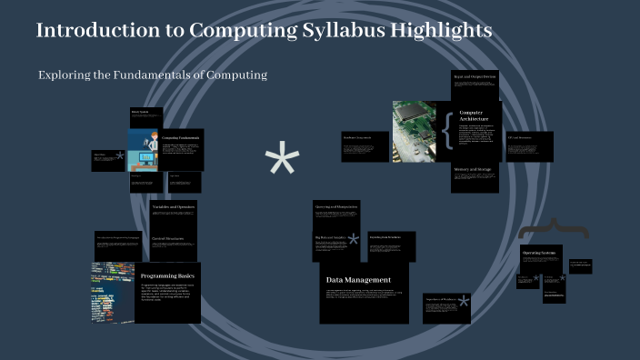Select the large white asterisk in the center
282,162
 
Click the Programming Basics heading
167,275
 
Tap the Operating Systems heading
538,252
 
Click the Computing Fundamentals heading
181,137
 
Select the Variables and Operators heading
174,207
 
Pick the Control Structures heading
169,238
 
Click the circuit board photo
415,131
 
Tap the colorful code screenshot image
112,293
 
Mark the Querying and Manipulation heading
337,205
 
